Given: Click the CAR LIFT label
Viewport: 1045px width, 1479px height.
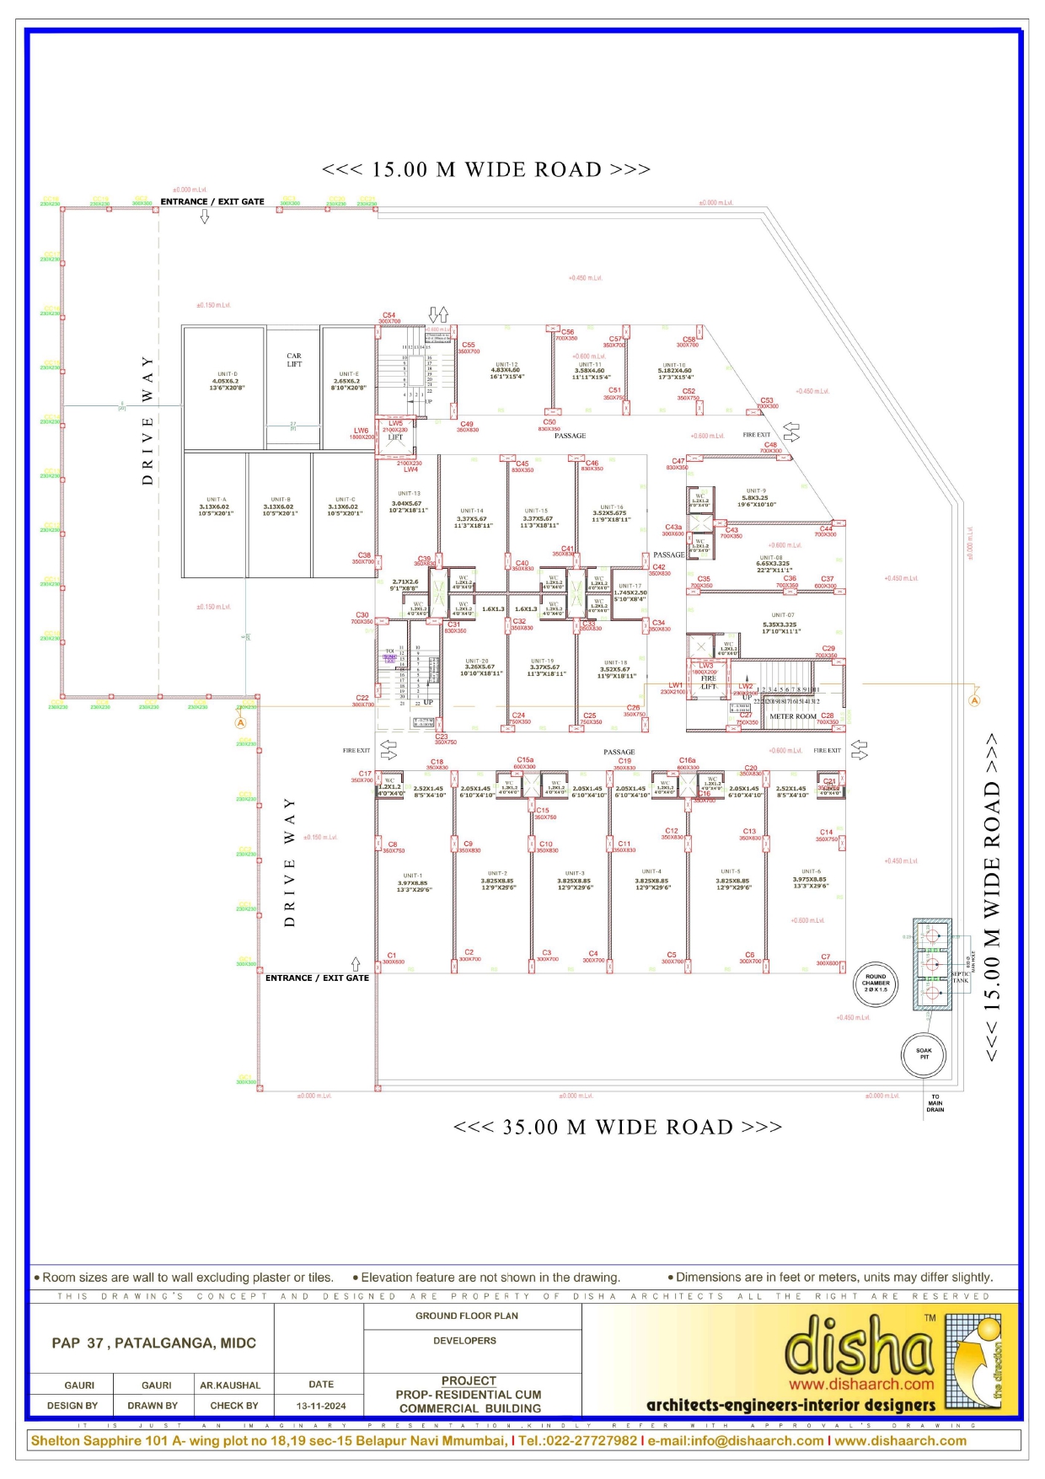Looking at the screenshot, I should [x=294, y=360].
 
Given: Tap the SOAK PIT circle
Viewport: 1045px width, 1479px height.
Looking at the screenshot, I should [x=924, y=1053].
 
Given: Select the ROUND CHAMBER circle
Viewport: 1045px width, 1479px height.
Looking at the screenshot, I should [x=876, y=983].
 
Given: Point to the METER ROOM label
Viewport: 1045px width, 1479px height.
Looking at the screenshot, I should [x=792, y=716].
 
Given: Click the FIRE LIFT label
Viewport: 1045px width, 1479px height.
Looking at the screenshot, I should [x=709, y=682].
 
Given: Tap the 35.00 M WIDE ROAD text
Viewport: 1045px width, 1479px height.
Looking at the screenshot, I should [x=617, y=1128].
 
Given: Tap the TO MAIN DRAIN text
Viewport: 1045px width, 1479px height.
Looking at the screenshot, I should [x=935, y=1103].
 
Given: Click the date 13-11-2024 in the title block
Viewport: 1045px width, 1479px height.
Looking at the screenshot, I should [x=321, y=1406].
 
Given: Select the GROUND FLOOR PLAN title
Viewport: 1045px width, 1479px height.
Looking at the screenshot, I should [x=467, y=1316].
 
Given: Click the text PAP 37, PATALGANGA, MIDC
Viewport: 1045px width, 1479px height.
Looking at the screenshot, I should [x=153, y=1342].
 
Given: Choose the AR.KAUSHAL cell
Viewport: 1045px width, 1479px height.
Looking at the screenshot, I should [x=230, y=1385].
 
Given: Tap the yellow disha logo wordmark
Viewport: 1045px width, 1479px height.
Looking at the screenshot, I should [x=860, y=1346].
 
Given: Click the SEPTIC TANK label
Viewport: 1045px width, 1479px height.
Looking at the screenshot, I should [x=961, y=977].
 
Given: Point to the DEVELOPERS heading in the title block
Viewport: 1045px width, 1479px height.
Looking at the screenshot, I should [x=464, y=1340].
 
